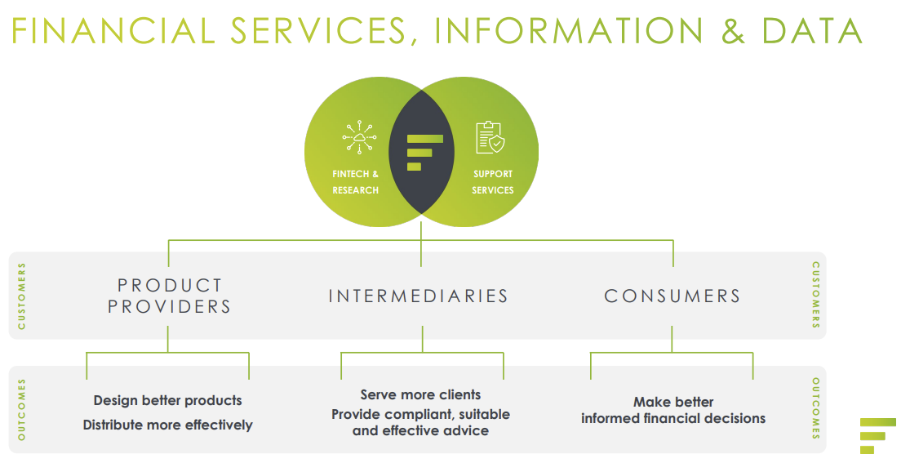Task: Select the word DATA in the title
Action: coord(811,30)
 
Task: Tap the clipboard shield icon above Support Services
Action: coord(490,137)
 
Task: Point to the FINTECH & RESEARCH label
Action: coord(356,182)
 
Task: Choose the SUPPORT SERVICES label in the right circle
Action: coord(493,182)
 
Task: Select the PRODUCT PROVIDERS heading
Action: coord(170,296)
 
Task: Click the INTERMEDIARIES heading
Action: coord(419,296)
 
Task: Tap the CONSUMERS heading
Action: coord(673,296)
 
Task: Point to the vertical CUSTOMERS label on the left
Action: coord(22,296)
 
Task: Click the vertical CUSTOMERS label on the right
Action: coord(815,296)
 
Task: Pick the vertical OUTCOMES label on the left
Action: coord(22,409)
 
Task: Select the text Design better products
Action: coord(167,400)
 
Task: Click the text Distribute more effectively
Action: coord(167,425)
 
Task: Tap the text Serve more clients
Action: coord(420,395)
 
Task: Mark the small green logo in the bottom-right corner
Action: coord(878,435)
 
